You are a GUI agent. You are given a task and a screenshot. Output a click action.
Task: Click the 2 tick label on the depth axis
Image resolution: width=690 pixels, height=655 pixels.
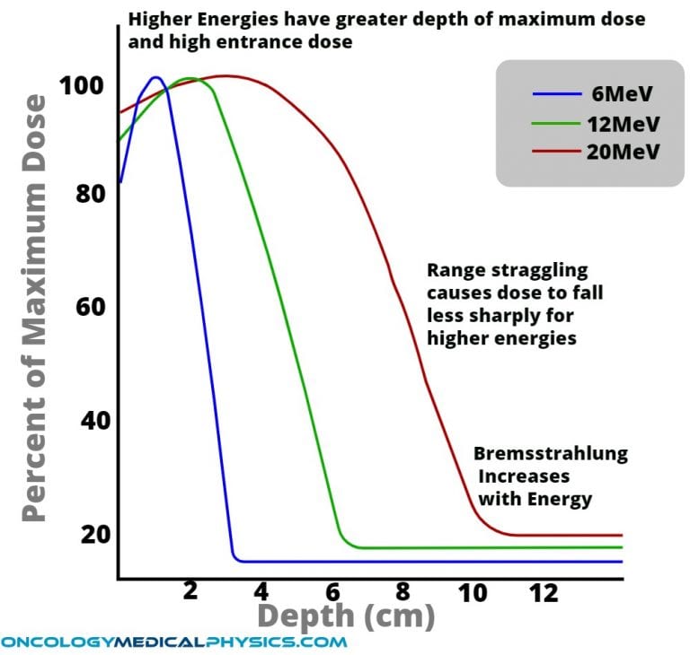[x=190, y=592]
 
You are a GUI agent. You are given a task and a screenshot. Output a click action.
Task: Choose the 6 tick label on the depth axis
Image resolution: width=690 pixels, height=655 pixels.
[x=333, y=592]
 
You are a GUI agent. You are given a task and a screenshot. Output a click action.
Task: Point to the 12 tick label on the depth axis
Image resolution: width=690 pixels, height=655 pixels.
[x=544, y=592]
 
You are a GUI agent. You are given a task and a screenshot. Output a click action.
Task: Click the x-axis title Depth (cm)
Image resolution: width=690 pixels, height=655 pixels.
[x=346, y=616]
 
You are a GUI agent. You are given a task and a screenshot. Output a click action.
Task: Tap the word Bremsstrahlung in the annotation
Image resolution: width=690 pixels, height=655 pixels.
[x=550, y=453]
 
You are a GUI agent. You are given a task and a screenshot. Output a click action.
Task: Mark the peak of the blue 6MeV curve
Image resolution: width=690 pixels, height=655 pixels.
[x=155, y=77]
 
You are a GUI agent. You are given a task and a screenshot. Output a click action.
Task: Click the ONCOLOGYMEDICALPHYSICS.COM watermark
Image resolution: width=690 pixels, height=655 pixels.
[x=173, y=642]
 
